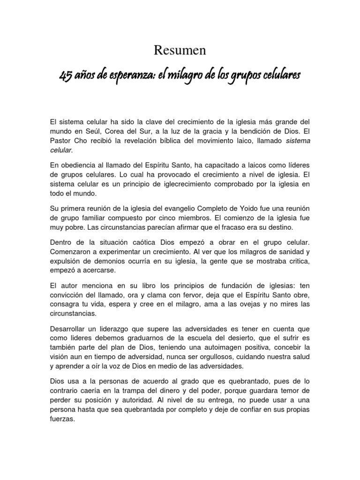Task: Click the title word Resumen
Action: tap(180, 50)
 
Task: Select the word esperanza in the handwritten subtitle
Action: tap(127, 75)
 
